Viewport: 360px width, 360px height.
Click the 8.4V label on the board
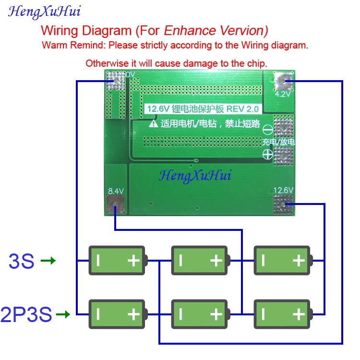tap(116, 191)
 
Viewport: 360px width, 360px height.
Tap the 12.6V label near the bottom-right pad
tap(283, 190)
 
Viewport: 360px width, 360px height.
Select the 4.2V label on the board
tap(283, 95)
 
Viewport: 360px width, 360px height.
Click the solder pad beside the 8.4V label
tap(116, 206)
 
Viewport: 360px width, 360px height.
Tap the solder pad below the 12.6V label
tap(283, 205)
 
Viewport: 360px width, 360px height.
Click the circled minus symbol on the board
tap(268, 129)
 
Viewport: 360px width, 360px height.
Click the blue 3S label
tap(22, 261)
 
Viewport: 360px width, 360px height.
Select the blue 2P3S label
tap(26, 315)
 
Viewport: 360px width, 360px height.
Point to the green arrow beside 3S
tap(48, 261)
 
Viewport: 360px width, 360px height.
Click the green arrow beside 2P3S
tap(63, 315)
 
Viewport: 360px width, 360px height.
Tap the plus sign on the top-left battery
tap(134, 261)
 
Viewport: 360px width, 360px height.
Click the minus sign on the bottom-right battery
tap(263, 314)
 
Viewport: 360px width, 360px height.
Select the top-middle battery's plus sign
tap(216, 261)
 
